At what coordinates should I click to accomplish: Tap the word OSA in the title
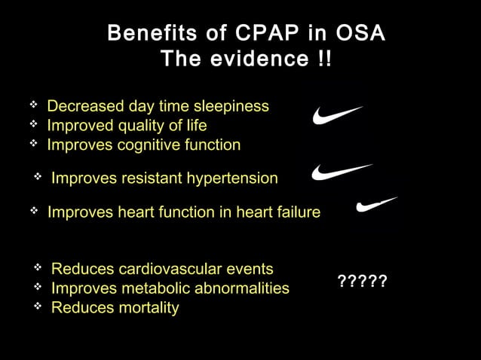[360, 34]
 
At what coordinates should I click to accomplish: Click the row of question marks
[362, 282]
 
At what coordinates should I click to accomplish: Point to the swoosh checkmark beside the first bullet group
[336, 115]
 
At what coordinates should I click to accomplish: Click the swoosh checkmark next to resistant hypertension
[341, 172]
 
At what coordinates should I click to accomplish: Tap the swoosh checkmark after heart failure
[376, 204]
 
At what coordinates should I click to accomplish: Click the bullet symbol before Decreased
[33, 105]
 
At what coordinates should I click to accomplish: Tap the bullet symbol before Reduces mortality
[38, 306]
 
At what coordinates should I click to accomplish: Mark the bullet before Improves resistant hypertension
[38, 176]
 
